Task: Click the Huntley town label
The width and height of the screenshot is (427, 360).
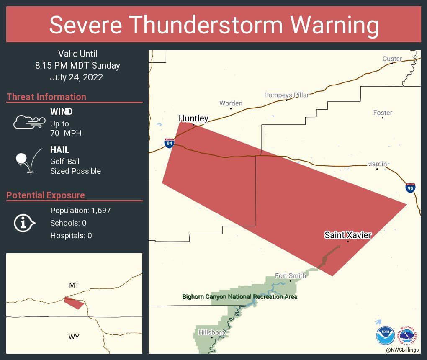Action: [193, 119]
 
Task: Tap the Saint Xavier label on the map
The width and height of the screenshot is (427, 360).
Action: [347, 235]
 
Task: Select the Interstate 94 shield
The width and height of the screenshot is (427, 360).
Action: [169, 144]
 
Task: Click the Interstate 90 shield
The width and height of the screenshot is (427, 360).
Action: [411, 188]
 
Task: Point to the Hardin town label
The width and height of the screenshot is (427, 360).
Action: [377, 164]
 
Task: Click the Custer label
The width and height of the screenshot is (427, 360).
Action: [392, 59]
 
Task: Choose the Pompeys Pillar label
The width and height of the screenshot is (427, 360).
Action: [286, 95]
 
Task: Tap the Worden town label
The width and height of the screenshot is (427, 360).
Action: [231, 103]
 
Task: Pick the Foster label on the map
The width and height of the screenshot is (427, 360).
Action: [383, 113]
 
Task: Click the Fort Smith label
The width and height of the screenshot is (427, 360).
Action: [290, 275]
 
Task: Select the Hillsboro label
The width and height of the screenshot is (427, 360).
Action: [212, 332]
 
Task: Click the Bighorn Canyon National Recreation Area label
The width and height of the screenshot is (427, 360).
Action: [239, 297]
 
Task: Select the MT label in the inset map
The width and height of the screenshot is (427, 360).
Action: [74, 285]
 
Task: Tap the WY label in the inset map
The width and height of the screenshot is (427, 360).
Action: [74, 337]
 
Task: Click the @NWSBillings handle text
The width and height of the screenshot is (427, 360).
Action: [403, 350]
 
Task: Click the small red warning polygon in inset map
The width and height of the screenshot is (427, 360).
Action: [73, 303]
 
